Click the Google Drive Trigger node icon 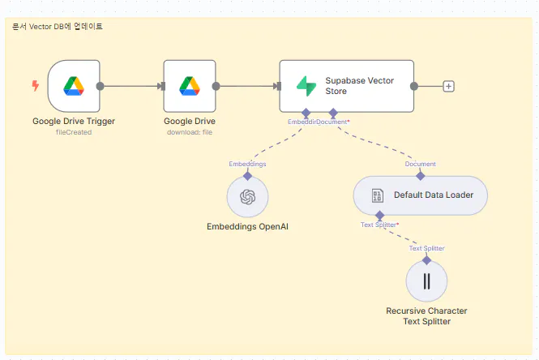(x=74, y=85)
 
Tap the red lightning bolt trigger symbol (x=35, y=85)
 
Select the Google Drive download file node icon (x=189, y=85)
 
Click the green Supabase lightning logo (x=306, y=85)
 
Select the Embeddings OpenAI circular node (x=247, y=197)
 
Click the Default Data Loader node (x=420, y=195)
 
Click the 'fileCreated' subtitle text (x=74, y=132)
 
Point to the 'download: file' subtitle (x=189, y=132)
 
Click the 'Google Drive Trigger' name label (x=74, y=122)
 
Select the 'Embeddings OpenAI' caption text (x=247, y=226)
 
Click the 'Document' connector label (x=420, y=164)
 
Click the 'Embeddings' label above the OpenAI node (x=247, y=164)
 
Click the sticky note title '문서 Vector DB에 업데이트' (x=58, y=27)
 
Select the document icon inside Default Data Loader (x=377, y=195)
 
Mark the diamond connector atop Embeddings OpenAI (x=247, y=174)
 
